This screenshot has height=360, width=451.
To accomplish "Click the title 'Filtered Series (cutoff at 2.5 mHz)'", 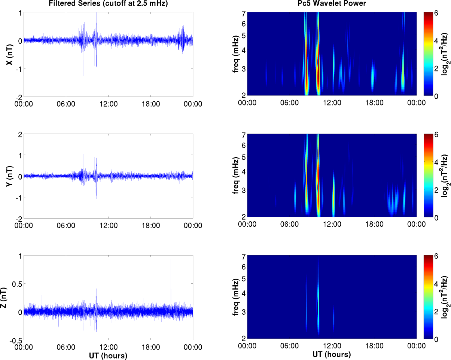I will [108, 4].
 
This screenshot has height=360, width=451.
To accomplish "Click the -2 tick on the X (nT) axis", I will [18, 96].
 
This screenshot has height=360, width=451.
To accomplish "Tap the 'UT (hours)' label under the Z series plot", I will [108, 356].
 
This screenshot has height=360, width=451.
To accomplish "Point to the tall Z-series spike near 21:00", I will [171, 260].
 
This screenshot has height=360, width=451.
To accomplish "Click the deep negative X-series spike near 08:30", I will [84, 75].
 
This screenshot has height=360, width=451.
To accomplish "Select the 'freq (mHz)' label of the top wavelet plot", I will [229, 54].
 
